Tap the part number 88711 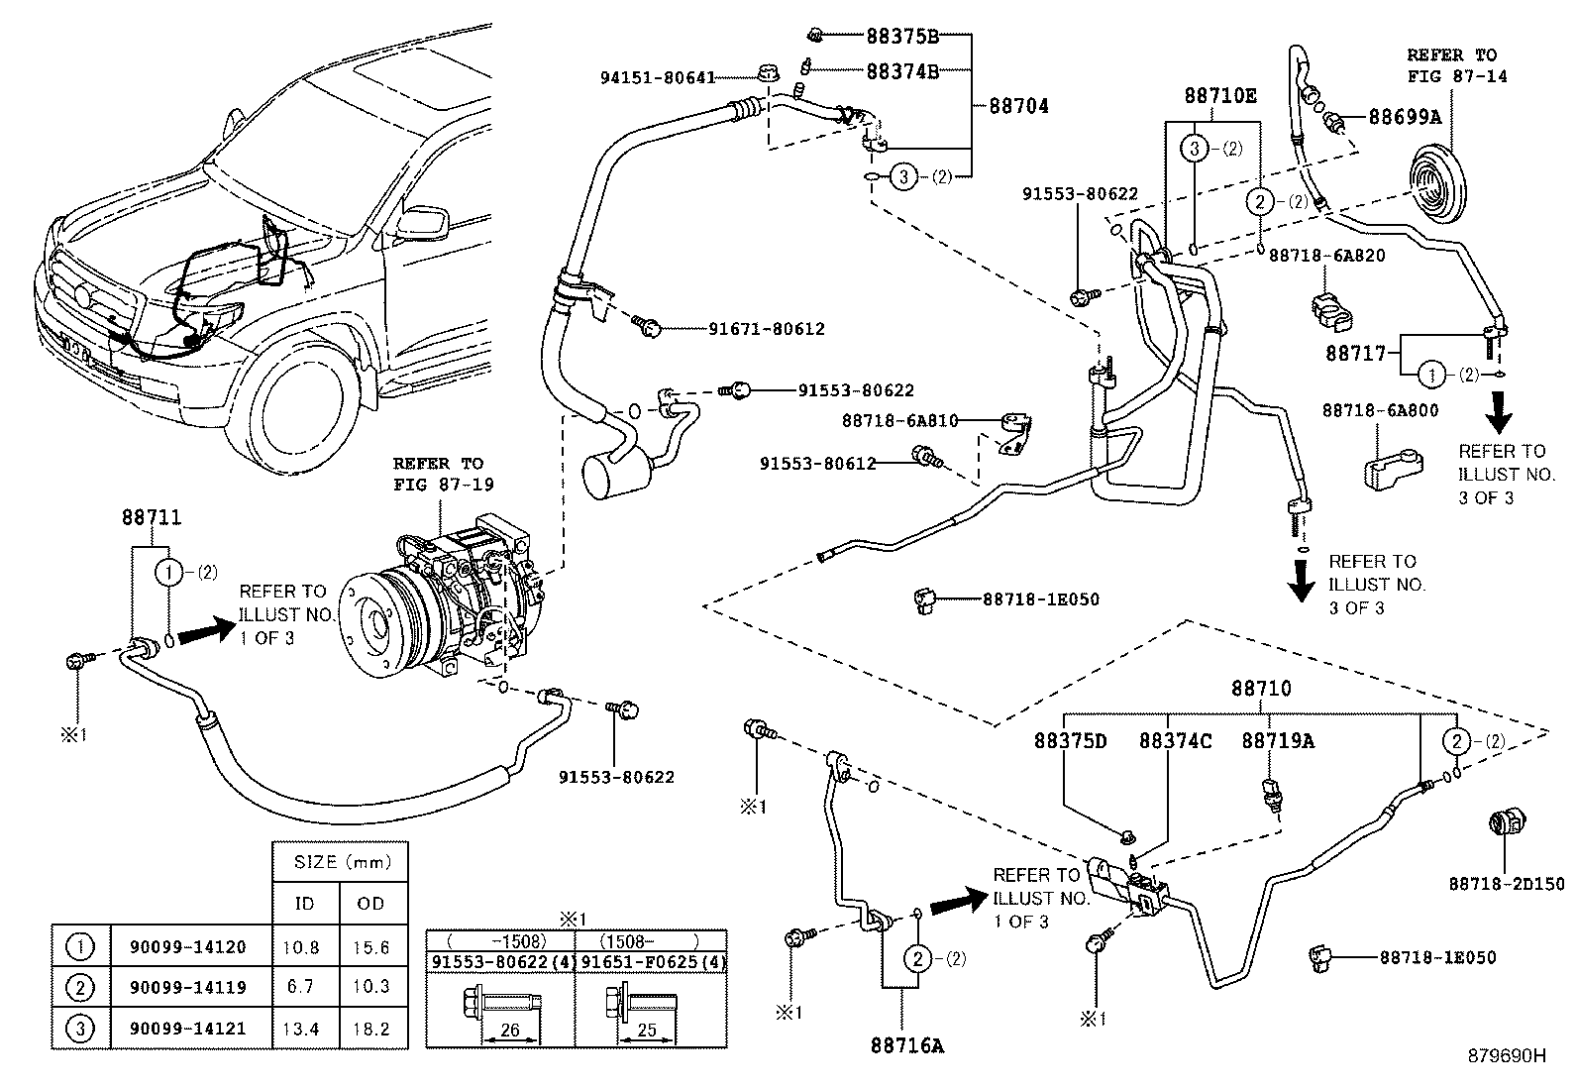click(152, 516)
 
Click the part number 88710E click(1220, 95)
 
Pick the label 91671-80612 click(767, 329)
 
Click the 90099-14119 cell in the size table click(187, 987)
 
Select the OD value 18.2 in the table click(371, 1029)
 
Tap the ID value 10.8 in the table click(301, 946)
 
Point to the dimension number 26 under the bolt click(510, 1031)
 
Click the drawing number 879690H click(1506, 1056)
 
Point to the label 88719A click(1278, 740)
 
